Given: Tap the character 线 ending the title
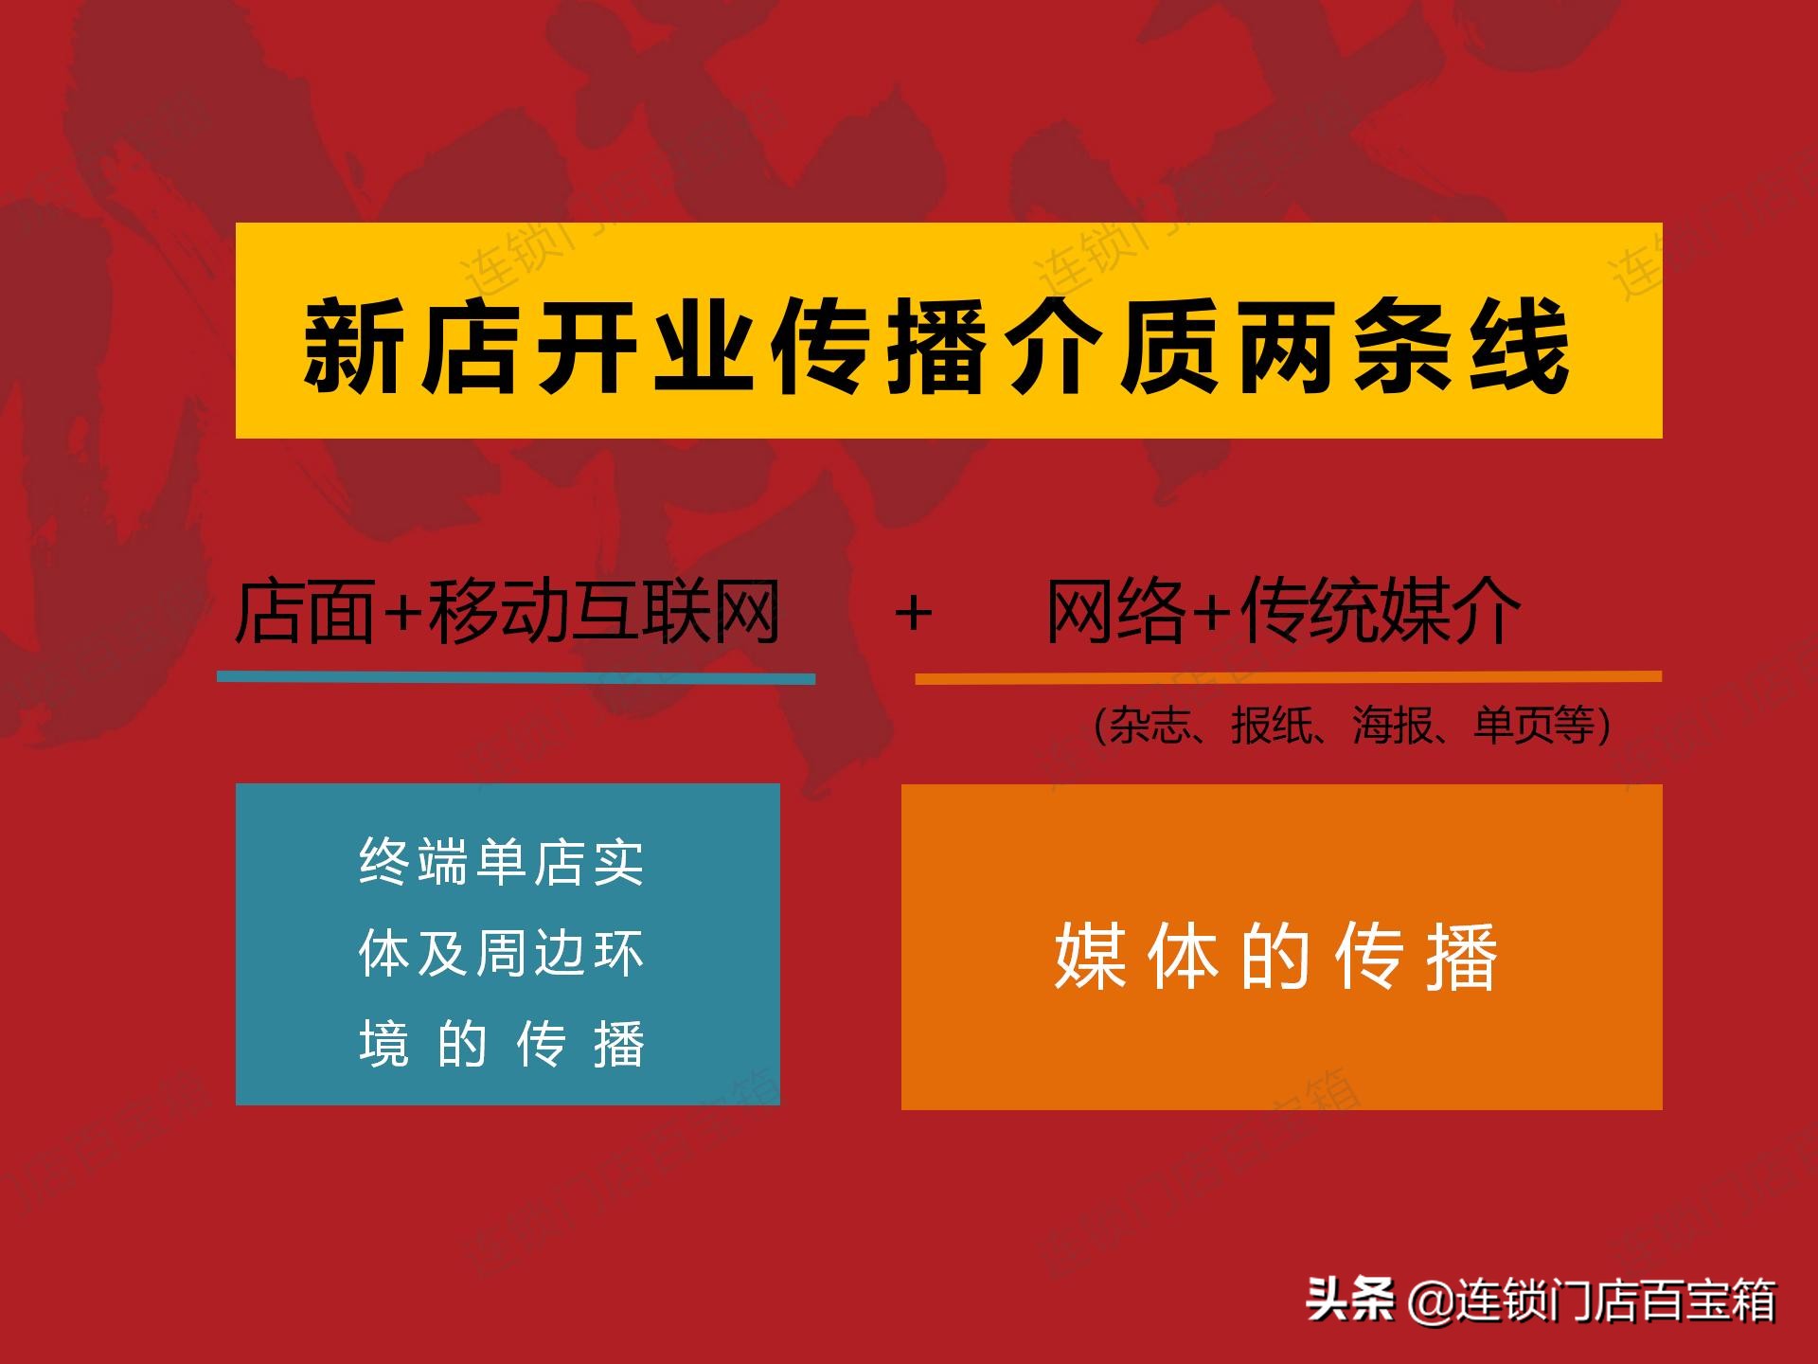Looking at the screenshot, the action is tap(1519, 344).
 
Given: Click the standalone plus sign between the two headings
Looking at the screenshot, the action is tap(914, 613).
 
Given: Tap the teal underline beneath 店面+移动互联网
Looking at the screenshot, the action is tap(516, 677).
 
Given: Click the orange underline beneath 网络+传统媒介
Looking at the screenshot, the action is tap(1289, 677).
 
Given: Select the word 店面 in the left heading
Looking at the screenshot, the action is tap(305, 611).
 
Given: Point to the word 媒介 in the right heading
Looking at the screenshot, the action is tap(1452, 611).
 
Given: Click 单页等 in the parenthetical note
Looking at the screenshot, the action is tap(1535, 727).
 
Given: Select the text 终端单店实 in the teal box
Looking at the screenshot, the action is tap(502, 862).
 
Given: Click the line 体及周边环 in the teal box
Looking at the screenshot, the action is tap(502, 953).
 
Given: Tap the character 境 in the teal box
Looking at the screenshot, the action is tap(383, 1044).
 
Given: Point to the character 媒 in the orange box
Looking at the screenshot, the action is tap(1090, 957).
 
